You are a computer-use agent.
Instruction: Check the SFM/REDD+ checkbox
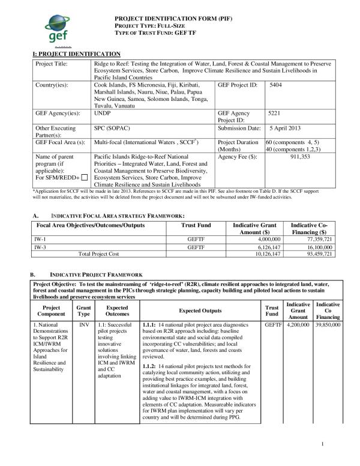[x=84, y=177]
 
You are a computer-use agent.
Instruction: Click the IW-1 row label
[x=40, y=239]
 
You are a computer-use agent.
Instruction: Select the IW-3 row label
[x=40, y=247]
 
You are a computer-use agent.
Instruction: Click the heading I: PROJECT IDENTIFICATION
[x=76, y=54]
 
